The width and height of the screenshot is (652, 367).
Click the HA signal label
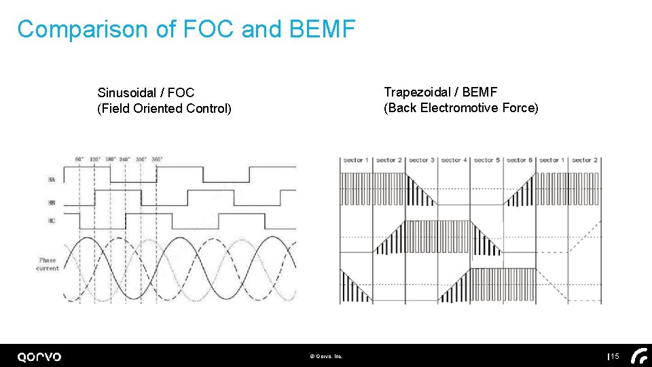52,179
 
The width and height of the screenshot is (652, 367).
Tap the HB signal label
52,203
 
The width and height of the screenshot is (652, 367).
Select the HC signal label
52,221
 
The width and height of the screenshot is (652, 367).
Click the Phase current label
48,264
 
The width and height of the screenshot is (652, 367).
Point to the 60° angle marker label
79,159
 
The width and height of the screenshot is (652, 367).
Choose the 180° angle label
110,159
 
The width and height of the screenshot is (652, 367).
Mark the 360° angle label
156,159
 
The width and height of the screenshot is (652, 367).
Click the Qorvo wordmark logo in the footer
39,357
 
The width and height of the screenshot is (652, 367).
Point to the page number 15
615,357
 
